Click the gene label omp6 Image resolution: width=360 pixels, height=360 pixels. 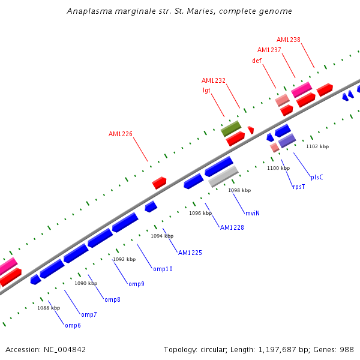pyautogui.click(x=73, y=325)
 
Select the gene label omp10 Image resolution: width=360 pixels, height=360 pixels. pyautogui.click(x=163, y=269)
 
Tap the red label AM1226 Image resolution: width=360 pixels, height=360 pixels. pyautogui.click(x=121, y=134)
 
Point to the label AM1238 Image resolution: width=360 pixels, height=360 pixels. pyautogui.click(x=289, y=40)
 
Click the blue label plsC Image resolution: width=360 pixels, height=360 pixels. pyautogui.click(x=317, y=177)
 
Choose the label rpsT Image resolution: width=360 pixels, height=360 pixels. pyautogui.click(x=299, y=187)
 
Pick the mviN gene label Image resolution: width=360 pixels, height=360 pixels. pyautogui.click(x=253, y=213)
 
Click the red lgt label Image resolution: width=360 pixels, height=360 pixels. pyautogui.click(x=206, y=90)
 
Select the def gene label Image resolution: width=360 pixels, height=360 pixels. pyautogui.click(x=257, y=61)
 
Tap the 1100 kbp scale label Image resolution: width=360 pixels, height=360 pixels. pyautogui.click(x=278, y=169)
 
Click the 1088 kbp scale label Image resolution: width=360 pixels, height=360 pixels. pyautogui.click(x=49, y=308)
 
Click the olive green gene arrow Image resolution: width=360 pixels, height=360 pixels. pyautogui.click(x=231, y=128)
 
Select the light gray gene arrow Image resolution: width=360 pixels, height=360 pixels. pyautogui.click(x=223, y=176)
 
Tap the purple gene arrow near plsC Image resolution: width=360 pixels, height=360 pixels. pyautogui.click(x=287, y=141)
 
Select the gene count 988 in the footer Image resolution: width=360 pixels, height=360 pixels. pyautogui.click(x=347, y=349)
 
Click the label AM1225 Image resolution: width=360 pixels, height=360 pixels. pyautogui.click(x=190, y=253)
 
